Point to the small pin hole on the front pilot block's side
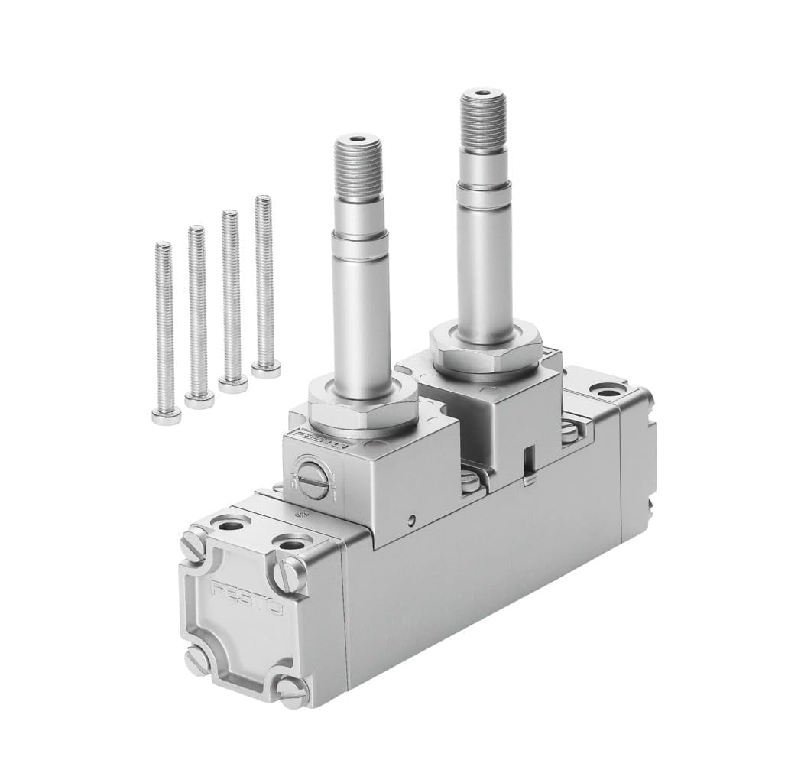[412, 521]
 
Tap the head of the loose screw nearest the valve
[265, 371]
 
